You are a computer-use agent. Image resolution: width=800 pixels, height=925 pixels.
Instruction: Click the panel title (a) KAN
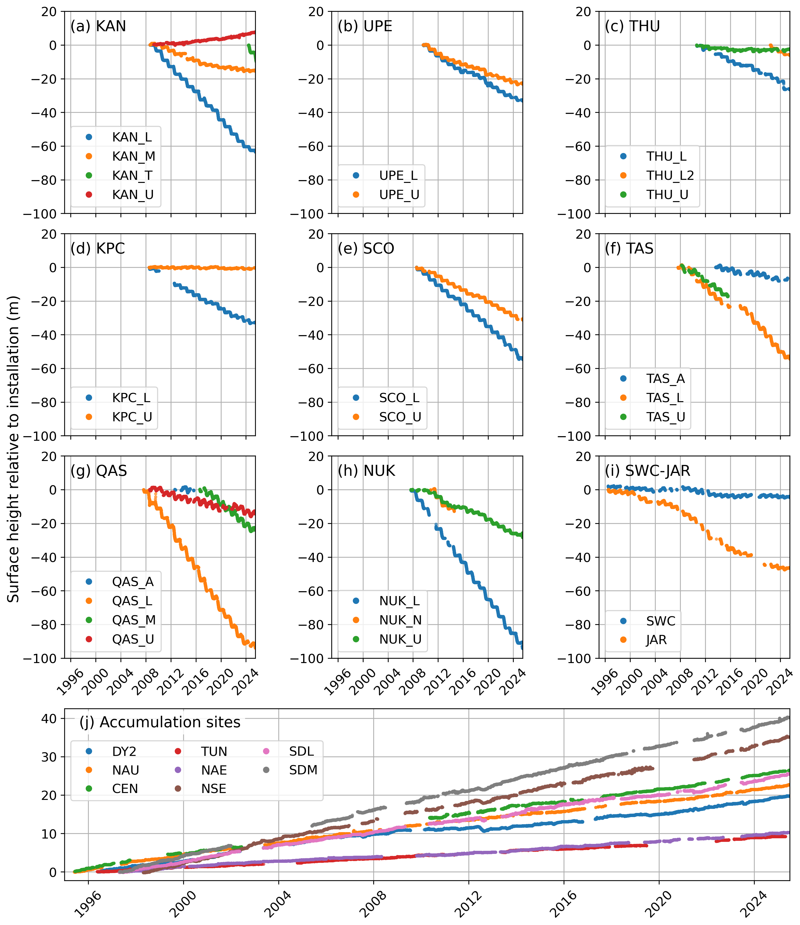(x=98, y=26)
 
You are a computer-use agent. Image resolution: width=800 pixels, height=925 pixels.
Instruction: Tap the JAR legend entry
(x=656, y=640)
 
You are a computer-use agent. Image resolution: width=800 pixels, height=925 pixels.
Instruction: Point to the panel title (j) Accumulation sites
(x=160, y=722)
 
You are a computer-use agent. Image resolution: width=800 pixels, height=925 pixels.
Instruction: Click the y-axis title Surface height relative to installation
(x=13, y=449)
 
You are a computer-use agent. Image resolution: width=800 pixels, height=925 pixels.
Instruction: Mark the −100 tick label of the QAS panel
(x=40, y=658)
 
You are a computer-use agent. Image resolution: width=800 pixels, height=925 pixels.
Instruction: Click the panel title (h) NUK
(x=366, y=471)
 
